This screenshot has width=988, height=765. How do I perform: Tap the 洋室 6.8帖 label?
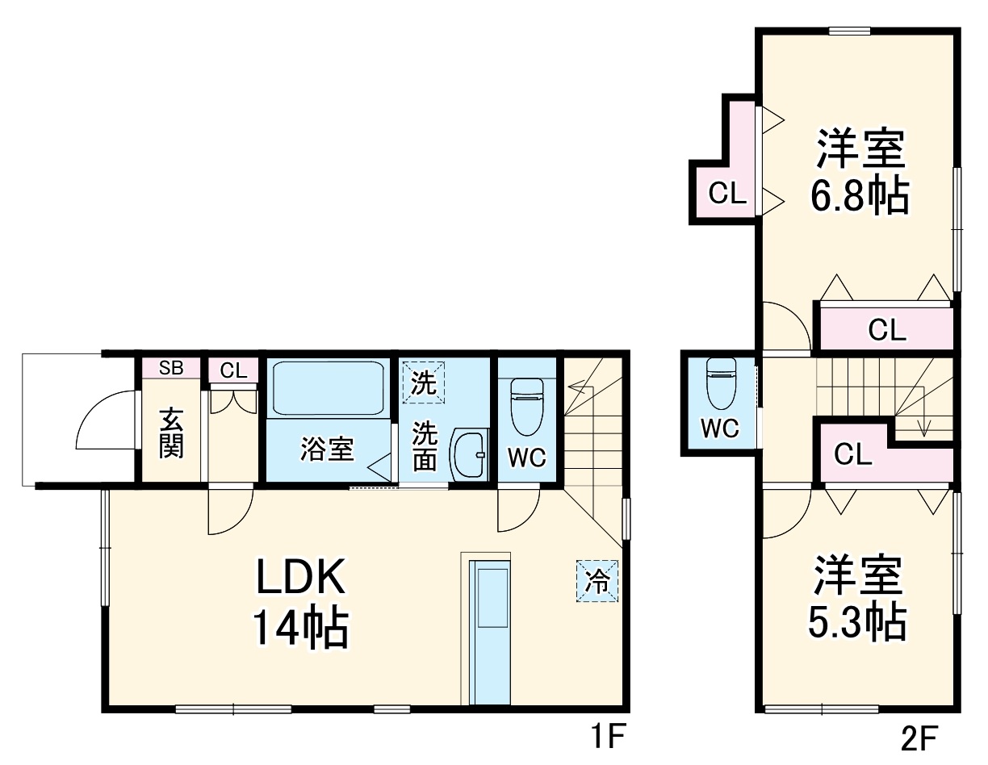860,172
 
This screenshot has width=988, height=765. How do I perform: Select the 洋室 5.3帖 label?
857,597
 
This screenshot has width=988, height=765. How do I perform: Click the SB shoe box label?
171,368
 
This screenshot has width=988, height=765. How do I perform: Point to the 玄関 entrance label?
171,433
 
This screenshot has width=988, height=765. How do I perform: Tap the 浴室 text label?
327,449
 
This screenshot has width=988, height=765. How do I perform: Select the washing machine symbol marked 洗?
423,382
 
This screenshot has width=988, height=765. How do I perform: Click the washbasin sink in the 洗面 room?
468,454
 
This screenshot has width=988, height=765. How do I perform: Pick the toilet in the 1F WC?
527,407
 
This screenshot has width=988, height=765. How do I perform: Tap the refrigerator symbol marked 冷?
597,581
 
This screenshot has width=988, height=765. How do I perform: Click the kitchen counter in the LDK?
490,633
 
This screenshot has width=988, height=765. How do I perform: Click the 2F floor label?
919,738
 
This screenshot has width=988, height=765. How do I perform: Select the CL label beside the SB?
233,371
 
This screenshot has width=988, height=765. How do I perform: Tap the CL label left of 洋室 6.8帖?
727,194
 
